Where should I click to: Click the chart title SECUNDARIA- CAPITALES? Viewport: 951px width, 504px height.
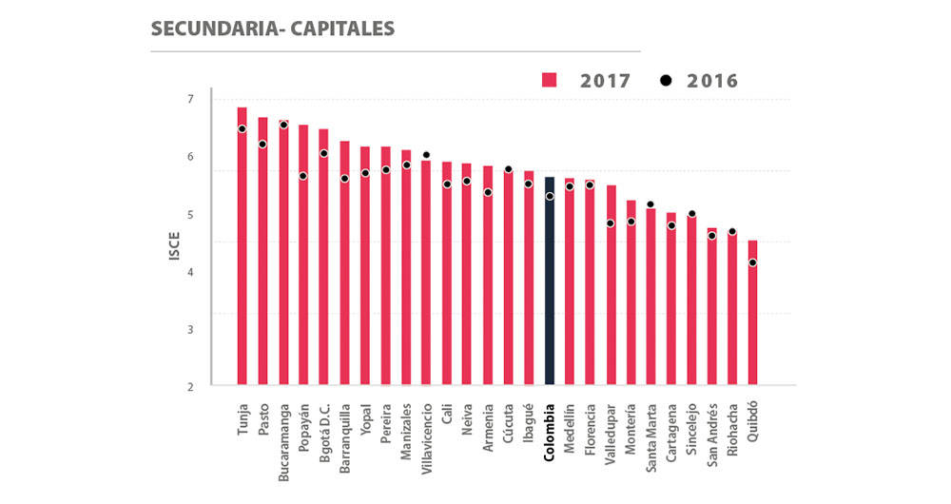click(x=272, y=29)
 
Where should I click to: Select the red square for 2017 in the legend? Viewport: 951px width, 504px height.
click(x=549, y=80)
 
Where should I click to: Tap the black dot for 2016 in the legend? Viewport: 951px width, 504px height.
click(x=666, y=80)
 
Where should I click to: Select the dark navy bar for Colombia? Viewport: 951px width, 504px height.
click(x=549, y=281)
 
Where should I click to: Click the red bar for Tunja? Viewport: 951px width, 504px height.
click(x=242, y=247)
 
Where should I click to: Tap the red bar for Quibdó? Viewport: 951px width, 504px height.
click(x=753, y=314)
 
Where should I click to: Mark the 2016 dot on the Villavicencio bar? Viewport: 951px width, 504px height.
click(x=426, y=154)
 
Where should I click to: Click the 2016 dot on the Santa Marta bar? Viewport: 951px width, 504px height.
click(x=650, y=204)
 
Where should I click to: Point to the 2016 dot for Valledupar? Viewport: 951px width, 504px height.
click(x=611, y=223)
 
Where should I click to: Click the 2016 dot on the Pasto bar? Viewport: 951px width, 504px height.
click(x=262, y=145)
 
